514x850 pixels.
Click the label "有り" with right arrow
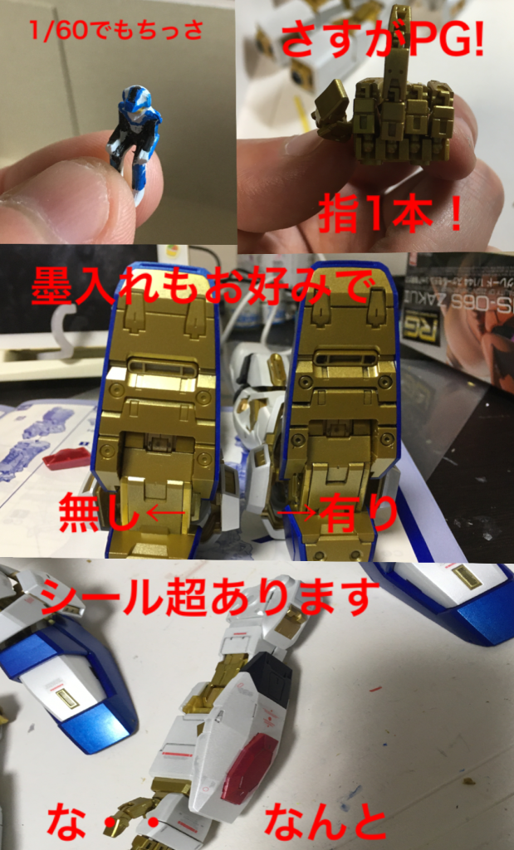(337, 514)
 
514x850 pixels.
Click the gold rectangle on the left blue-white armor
(67, 697)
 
